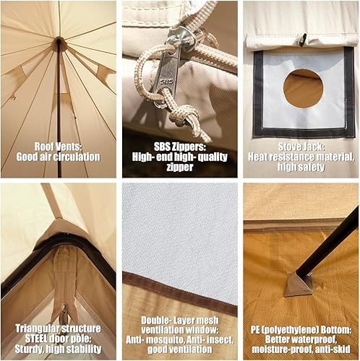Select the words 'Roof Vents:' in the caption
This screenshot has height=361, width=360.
59,144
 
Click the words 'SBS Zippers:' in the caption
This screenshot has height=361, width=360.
179,144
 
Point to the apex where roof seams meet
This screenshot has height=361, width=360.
59,43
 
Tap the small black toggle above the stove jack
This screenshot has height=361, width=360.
304,39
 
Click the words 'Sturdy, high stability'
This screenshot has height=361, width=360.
59,350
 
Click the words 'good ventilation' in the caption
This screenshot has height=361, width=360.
179,350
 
